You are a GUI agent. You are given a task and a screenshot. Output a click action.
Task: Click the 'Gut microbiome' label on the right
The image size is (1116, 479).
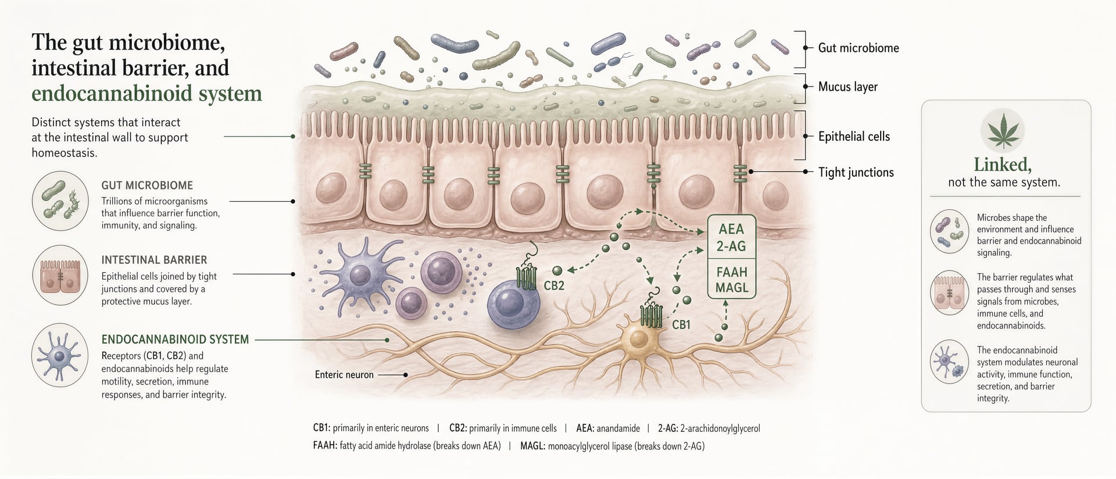pyautogui.click(x=858, y=48)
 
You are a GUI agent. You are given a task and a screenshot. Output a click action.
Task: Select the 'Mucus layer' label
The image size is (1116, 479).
pyautogui.click(x=847, y=87)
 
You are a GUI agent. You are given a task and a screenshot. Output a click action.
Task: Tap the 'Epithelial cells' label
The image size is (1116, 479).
pyautogui.click(x=854, y=137)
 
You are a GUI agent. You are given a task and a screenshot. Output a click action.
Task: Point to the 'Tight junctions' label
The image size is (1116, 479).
pyautogui.click(x=856, y=172)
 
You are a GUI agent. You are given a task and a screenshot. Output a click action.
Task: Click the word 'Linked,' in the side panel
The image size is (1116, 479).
pyautogui.click(x=1003, y=165)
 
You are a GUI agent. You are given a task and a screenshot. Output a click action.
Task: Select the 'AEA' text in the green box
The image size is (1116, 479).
pyautogui.click(x=731, y=229)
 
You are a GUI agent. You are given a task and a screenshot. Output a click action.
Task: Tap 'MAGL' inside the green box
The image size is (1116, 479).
pyautogui.click(x=732, y=288)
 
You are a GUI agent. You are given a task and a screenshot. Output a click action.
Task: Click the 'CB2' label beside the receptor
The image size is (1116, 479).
pyautogui.click(x=554, y=285)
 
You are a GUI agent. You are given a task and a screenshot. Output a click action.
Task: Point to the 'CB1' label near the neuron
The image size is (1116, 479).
pyautogui.click(x=681, y=324)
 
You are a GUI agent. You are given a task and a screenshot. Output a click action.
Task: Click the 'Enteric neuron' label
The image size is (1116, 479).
pyautogui.click(x=344, y=375)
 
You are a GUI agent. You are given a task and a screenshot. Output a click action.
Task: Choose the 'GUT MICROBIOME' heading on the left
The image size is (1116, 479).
pyautogui.click(x=147, y=185)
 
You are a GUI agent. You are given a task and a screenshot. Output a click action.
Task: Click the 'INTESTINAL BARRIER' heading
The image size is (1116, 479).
pyautogui.click(x=154, y=260)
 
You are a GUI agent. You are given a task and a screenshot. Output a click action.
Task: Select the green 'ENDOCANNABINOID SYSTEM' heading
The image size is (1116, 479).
pyautogui.click(x=175, y=339)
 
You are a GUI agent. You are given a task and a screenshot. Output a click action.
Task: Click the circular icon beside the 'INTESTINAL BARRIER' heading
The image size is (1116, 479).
pyautogui.click(x=60, y=275)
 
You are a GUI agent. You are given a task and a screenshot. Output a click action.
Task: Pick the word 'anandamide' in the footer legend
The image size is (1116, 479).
pyautogui.click(x=618, y=428)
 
